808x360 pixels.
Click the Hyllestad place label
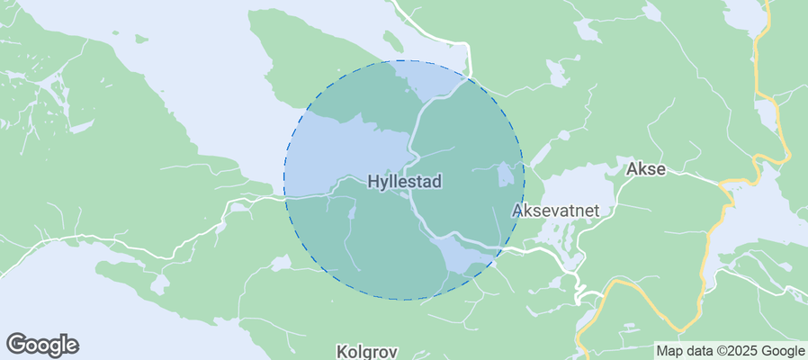[405, 182]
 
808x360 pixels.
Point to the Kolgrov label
[366, 351]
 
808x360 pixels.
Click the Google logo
[42, 344]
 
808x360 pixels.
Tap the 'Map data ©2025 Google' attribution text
[730, 351]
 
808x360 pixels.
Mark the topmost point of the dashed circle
[404, 60]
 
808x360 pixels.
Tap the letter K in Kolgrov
[342, 351]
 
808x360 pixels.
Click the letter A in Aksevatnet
[517, 211]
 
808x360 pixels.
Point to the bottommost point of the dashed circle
[404, 300]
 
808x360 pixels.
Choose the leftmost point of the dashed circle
[284, 180]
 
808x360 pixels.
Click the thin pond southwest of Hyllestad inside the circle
[352, 212]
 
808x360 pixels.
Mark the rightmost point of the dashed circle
[524, 180]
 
